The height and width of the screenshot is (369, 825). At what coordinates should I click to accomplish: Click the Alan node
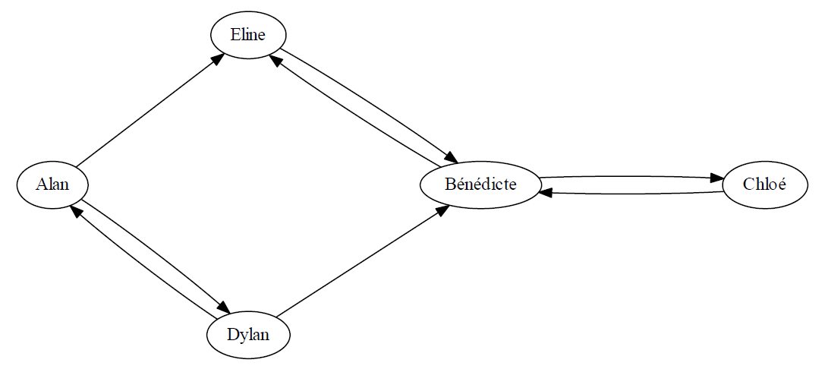click(52, 184)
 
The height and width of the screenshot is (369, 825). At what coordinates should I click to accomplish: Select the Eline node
click(248, 35)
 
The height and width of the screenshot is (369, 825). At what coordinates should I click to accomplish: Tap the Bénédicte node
click(481, 184)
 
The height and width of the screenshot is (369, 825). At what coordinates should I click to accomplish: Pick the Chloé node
click(764, 184)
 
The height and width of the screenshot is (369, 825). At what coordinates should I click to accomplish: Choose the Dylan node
click(248, 335)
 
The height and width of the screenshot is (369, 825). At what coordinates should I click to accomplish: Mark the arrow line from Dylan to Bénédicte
click(363, 261)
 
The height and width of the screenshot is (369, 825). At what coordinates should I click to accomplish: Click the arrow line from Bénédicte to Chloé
click(632, 177)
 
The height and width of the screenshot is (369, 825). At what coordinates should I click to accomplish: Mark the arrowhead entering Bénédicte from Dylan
click(443, 209)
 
